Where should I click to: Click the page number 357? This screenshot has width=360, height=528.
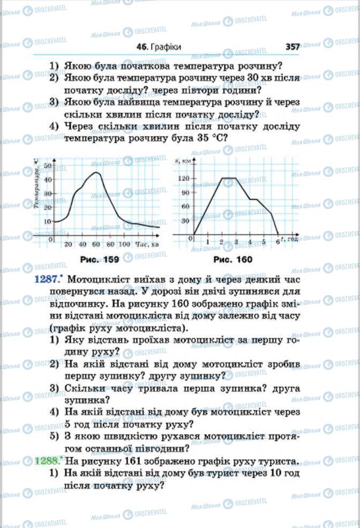292,47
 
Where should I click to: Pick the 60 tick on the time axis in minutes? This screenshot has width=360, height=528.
96,244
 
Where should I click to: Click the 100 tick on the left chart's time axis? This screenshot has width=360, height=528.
124,244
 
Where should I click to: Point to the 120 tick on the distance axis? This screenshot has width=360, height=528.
184,178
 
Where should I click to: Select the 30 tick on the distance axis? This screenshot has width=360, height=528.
186,220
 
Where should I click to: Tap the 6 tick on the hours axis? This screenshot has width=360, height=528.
277,242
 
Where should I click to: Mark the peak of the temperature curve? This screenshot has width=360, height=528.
96,173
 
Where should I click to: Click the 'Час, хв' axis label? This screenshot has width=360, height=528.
146,244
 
